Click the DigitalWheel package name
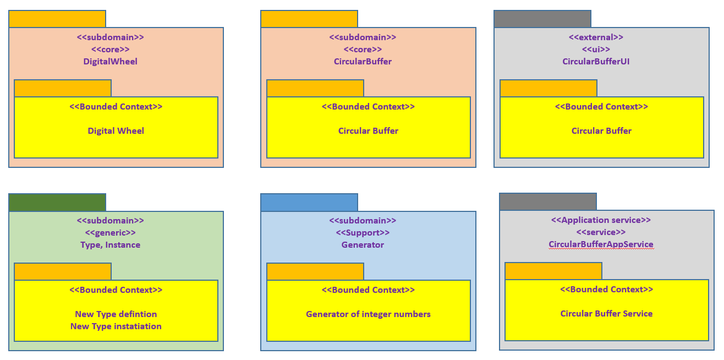click(x=111, y=62)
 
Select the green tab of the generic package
click(x=57, y=203)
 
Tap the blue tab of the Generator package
click(x=309, y=203)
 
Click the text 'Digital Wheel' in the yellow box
click(x=116, y=131)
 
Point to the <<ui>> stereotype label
click(x=596, y=50)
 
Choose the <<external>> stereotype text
click(x=596, y=37)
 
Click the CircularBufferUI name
click(x=596, y=62)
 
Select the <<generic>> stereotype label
click(x=111, y=233)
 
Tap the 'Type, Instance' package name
click(x=111, y=245)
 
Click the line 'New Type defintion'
click(x=116, y=314)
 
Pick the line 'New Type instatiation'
click(x=116, y=326)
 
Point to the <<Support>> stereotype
click(x=363, y=233)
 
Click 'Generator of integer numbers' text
click(x=368, y=314)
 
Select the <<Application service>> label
click(x=601, y=220)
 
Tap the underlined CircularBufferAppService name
click(x=601, y=244)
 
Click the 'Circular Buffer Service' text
click(x=606, y=314)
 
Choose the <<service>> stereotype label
click(x=601, y=232)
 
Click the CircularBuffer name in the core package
click(x=363, y=62)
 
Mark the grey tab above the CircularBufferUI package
click(x=542, y=19)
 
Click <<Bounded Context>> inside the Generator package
click(x=368, y=290)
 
